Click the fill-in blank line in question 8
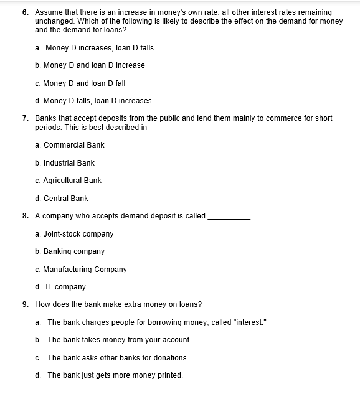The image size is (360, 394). pos(229,218)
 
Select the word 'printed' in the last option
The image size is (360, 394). pos(169,375)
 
